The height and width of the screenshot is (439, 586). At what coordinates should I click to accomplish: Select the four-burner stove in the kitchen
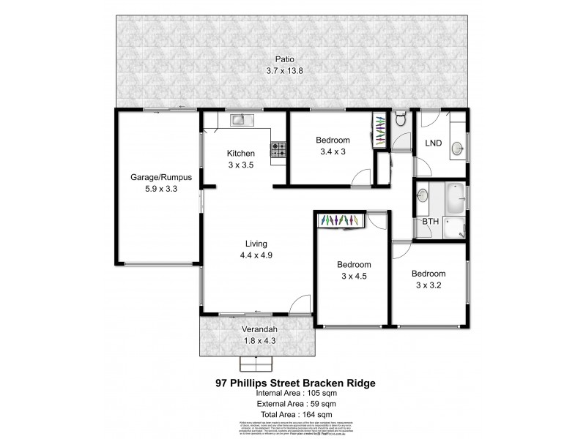coord(279,150)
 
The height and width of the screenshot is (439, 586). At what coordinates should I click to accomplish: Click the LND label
coord(434,143)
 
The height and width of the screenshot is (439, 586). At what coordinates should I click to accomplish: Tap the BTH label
coord(429,222)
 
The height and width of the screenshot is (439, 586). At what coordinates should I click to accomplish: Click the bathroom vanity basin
coord(423,196)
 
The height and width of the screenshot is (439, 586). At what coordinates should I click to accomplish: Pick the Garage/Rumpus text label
coord(155,177)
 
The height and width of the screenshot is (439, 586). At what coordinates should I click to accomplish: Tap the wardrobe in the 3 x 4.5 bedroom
coord(339,220)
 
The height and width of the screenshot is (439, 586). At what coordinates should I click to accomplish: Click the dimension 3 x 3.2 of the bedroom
coord(429,285)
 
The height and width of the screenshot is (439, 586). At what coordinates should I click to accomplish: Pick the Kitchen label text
coord(240,154)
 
